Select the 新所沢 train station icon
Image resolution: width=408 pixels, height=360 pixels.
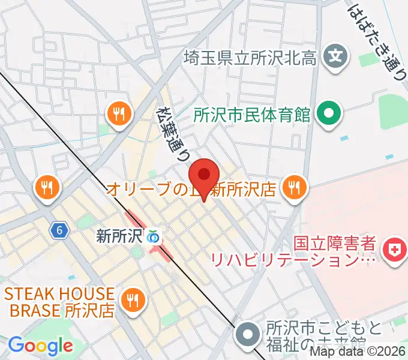coord(154,236)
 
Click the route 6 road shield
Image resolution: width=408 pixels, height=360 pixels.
coord(58,230)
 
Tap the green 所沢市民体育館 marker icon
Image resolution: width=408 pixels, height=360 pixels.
coord(328,113)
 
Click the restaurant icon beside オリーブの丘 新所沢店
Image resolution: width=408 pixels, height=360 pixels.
coord(293,188)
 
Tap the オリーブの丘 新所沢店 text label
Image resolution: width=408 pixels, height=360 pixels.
coord(191,190)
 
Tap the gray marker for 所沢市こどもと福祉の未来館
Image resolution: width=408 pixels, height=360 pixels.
coord(248,332)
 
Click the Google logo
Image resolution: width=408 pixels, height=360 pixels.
coord(40,346)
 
